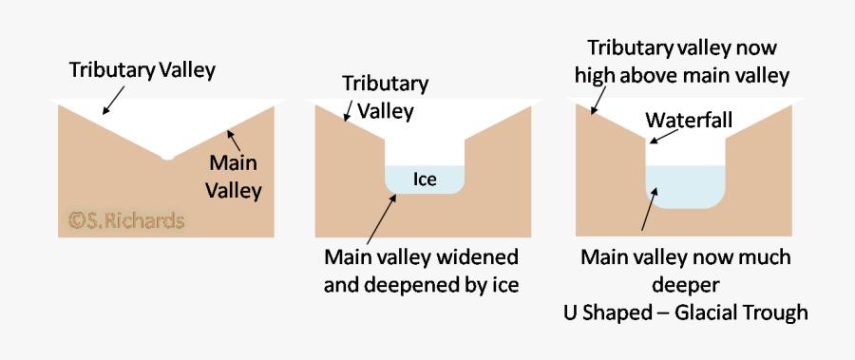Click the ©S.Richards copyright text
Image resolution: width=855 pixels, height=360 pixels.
(x=126, y=220)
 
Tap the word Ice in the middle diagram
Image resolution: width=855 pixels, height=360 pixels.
(x=425, y=179)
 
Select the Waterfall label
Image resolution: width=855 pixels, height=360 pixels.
(x=688, y=122)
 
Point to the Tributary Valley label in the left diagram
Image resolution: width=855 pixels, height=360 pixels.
(x=142, y=70)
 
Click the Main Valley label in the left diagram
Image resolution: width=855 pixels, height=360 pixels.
(x=236, y=177)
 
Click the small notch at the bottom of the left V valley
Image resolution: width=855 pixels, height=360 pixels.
(x=167, y=156)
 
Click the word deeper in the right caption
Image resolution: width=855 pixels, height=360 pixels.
(x=685, y=285)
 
